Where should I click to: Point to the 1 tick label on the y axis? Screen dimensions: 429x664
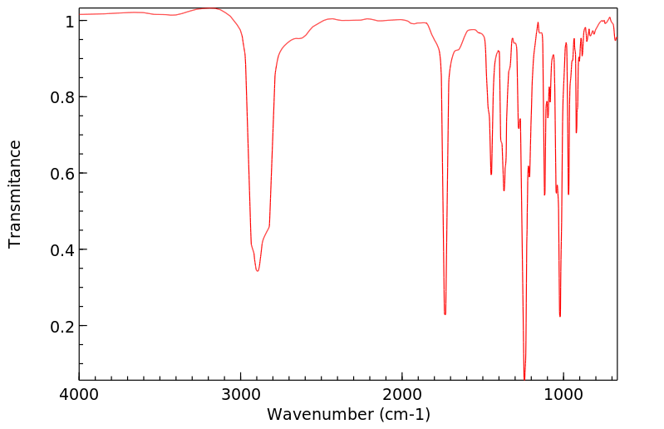click(x=69, y=21)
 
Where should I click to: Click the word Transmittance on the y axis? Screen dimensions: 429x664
click(x=15, y=194)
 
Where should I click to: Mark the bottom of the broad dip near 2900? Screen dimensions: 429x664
click(x=258, y=271)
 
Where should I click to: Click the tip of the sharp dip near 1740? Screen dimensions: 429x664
click(x=445, y=314)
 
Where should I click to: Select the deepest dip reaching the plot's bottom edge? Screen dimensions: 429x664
click(x=524, y=378)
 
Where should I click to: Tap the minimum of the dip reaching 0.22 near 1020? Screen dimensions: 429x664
click(x=560, y=316)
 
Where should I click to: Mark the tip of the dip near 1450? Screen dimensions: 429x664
click(x=491, y=175)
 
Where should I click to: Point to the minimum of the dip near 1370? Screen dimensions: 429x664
click(x=504, y=190)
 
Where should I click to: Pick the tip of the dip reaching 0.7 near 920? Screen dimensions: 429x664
click(x=576, y=132)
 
